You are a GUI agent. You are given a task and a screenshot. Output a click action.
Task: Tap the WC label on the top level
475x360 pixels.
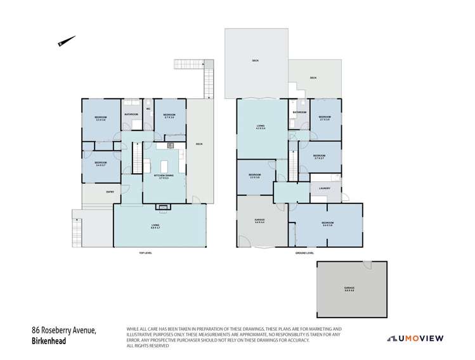coord(148,108)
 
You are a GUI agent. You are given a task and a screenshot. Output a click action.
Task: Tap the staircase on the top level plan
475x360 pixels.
coord(136,155)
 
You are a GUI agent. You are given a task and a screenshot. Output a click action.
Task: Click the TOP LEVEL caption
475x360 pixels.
coord(146,253)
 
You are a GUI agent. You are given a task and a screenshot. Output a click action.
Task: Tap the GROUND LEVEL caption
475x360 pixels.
coord(306,253)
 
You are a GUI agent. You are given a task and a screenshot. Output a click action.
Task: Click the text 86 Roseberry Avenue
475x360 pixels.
coord(63,331)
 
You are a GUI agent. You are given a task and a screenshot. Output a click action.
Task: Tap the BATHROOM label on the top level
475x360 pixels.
coord(131,114)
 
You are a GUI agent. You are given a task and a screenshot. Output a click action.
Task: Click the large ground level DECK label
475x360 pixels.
coord(255,60)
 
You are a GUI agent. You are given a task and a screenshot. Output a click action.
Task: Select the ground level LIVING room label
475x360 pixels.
coord(260,127)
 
